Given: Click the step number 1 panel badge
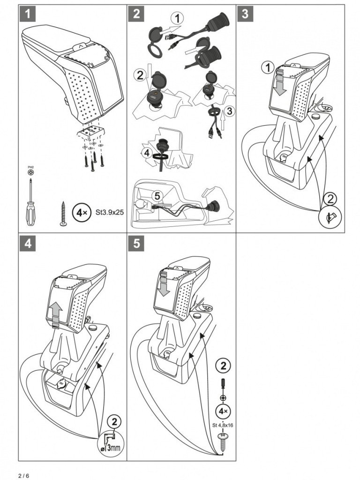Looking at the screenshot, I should click(x=28, y=14).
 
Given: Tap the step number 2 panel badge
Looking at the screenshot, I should click(x=136, y=14).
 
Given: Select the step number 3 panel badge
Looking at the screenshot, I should click(x=245, y=14).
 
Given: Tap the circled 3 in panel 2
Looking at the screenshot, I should click(x=228, y=111).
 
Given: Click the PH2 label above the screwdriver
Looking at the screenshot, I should click(x=30, y=166).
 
